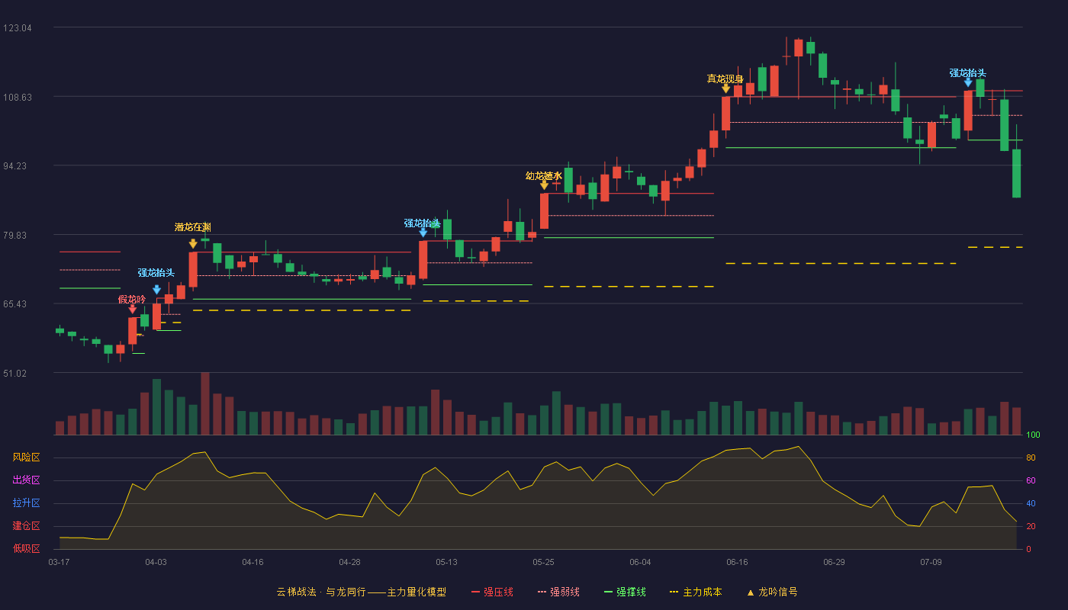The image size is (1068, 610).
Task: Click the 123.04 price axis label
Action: pyautogui.click(x=18, y=28)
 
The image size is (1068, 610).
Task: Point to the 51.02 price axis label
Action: pyautogui.click(x=15, y=373)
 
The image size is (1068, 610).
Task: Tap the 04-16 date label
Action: pyautogui.click(x=253, y=563)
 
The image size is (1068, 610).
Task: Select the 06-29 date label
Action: pyautogui.click(x=834, y=563)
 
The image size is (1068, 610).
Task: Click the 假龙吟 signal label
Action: pyautogui.click(x=131, y=299)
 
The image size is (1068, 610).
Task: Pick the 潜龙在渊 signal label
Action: pyautogui.click(x=192, y=227)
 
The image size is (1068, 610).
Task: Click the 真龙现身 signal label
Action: pyautogui.click(x=725, y=79)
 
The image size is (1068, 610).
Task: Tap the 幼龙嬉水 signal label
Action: pyautogui.click(x=544, y=176)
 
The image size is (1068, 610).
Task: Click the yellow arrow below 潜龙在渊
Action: pyautogui.click(x=193, y=243)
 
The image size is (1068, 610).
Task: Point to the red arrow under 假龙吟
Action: pyautogui.click(x=133, y=310)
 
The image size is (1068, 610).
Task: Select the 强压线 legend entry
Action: pyautogui.click(x=492, y=592)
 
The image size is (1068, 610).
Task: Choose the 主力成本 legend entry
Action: pyautogui.click(x=696, y=592)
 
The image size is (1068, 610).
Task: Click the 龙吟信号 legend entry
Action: pyautogui.click(x=772, y=592)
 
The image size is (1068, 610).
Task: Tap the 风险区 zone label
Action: pyautogui.click(x=26, y=457)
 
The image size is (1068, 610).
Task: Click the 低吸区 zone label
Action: pyautogui.click(x=26, y=548)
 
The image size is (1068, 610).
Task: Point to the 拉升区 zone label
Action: pyautogui.click(x=26, y=502)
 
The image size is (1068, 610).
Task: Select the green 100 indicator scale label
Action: pyautogui.click(x=1033, y=435)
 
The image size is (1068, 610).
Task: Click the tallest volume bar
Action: pyautogui.click(x=205, y=403)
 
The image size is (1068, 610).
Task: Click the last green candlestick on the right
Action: pyautogui.click(x=1016, y=173)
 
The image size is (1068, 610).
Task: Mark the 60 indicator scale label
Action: pyautogui.click(x=1031, y=480)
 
